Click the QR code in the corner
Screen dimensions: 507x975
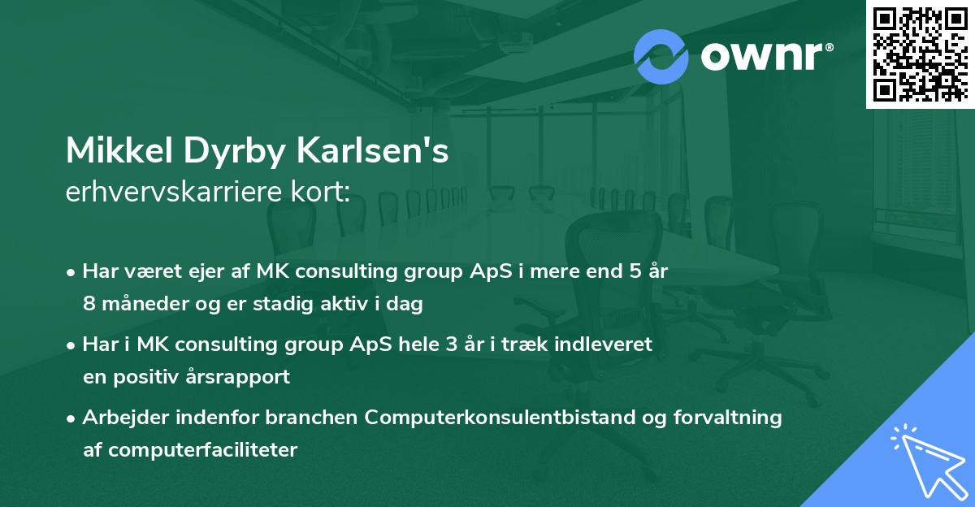point(920,54)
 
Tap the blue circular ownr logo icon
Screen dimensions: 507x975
point(661,55)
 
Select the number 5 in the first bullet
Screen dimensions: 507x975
point(624,271)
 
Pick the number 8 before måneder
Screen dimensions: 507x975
point(89,304)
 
